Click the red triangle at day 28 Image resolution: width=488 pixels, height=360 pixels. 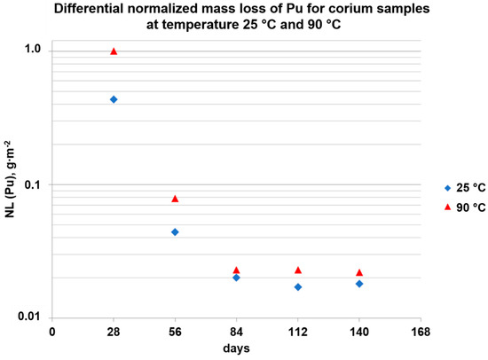(x=114, y=51)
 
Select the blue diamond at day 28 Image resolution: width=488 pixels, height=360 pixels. (x=114, y=99)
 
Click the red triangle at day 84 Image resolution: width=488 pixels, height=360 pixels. (x=236, y=270)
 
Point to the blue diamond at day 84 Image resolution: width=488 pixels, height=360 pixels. (x=236, y=278)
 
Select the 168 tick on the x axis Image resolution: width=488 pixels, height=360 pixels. (x=421, y=333)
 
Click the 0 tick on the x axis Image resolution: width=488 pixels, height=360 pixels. (x=52, y=333)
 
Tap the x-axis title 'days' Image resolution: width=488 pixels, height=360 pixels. (x=236, y=348)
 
